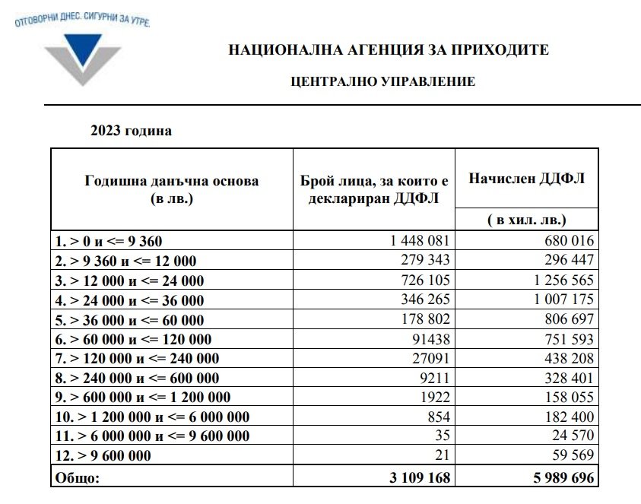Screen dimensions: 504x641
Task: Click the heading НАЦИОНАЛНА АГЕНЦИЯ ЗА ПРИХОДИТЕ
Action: pos(388,51)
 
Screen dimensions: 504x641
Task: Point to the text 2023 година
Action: pos(132,131)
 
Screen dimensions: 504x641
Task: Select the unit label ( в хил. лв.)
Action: pos(526,220)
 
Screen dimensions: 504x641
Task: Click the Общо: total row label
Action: pos(76,477)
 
